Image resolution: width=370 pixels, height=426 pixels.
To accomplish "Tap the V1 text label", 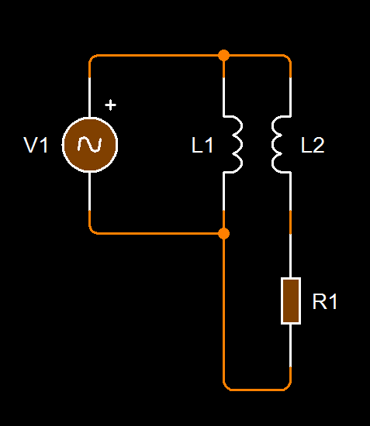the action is tap(36, 145).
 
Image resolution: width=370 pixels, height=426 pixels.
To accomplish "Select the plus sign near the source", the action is tap(110, 105).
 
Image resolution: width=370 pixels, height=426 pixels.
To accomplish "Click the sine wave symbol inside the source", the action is tap(90, 145).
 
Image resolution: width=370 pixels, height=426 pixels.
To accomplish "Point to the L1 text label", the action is tap(202, 145).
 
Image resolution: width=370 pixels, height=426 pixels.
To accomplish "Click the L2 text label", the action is tap(313, 145).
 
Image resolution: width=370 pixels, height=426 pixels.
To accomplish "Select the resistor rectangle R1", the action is tap(291, 301).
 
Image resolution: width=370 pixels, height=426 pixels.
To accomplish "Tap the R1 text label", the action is tap(325, 301).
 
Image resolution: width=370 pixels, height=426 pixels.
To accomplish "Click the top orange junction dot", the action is tap(223, 56).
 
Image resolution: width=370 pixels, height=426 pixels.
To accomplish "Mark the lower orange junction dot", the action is tap(223, 234).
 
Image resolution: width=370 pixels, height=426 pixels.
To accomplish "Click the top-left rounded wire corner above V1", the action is tap(92, 57).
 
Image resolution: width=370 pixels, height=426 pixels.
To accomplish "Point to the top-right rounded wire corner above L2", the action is tap(289, 57).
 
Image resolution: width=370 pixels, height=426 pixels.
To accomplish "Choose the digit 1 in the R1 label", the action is tap(333, 301).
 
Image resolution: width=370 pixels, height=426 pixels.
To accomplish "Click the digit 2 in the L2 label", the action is tap(319, 145).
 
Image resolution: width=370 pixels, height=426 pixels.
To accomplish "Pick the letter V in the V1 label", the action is tap(31, 145).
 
